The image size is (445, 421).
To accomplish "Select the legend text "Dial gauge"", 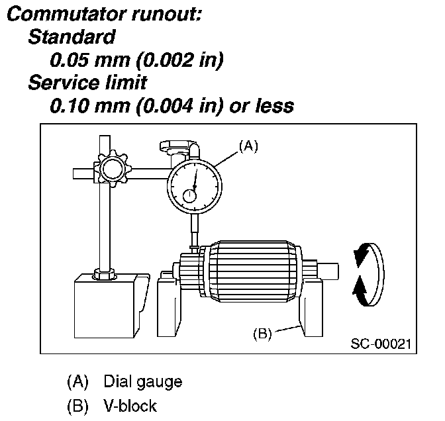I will coord(142,382).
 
